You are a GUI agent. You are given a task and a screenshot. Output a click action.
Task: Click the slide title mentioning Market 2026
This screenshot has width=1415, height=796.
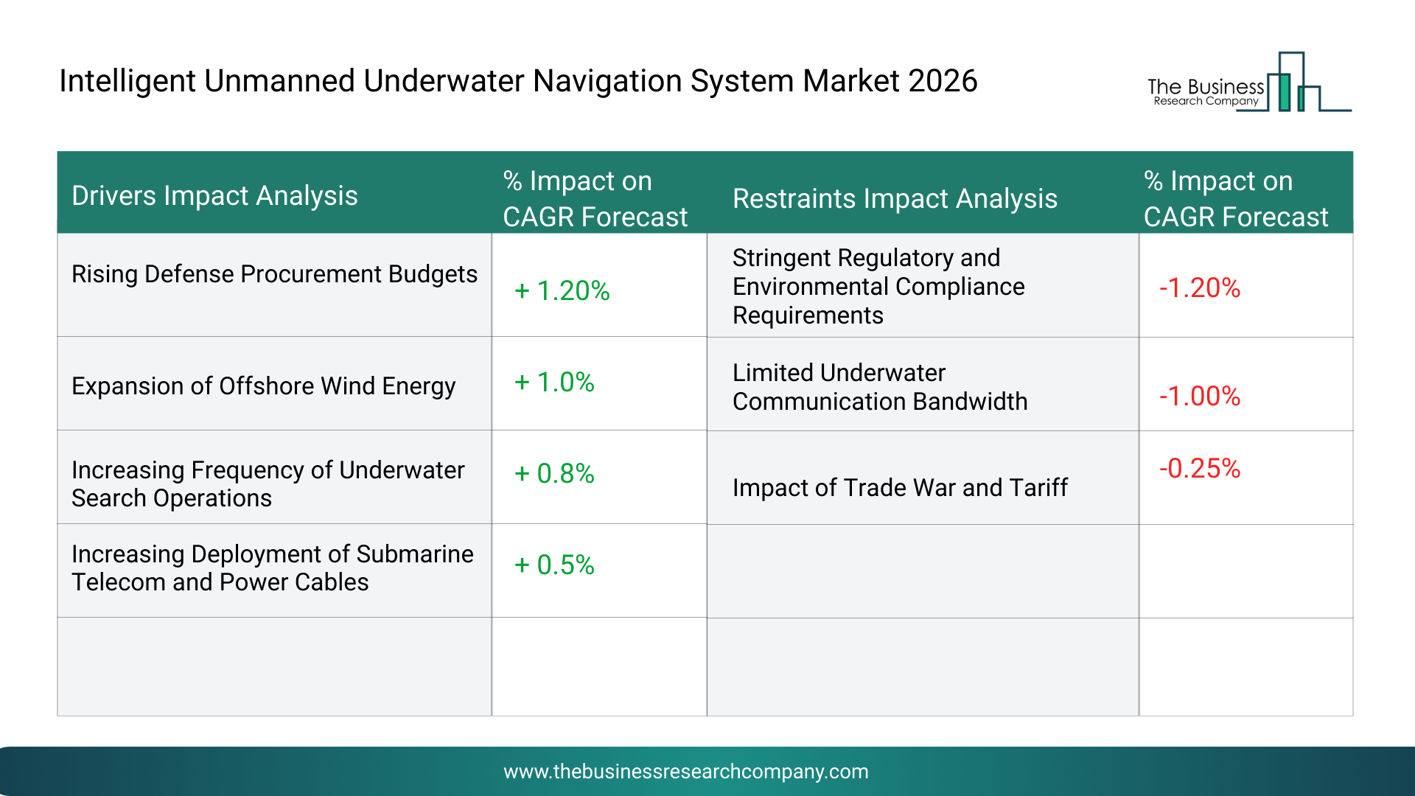518,81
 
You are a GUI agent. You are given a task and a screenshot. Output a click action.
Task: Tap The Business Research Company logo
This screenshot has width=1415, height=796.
1249,82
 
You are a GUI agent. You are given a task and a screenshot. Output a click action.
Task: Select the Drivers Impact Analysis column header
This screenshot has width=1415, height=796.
214,196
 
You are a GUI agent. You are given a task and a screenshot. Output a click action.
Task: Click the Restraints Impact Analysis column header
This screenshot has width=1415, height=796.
895,199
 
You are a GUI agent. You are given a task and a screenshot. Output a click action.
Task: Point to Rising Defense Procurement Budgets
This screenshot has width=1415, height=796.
274,274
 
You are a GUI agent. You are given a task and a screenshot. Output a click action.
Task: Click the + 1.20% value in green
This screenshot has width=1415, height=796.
562,291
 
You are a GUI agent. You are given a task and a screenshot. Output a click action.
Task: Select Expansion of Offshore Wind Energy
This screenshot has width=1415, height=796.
263,386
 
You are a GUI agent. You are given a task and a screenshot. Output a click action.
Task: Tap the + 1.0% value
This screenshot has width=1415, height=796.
554,383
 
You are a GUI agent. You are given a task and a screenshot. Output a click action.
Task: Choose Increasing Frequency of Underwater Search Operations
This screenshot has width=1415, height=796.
268,484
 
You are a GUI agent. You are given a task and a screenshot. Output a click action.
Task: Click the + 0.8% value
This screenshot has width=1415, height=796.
554,474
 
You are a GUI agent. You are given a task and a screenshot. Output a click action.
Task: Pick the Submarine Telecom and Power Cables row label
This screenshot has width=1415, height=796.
273,568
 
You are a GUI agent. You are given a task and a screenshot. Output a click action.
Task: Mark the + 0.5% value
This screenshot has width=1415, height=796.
554,565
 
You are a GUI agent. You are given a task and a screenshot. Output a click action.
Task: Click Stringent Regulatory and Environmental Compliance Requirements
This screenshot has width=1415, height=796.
878,287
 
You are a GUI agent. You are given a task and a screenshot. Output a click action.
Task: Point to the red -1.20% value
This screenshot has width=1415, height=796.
1200,288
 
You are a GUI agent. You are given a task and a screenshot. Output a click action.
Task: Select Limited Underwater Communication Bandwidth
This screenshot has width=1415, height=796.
880,387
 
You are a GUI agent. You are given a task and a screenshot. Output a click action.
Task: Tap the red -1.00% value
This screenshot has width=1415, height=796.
1200,397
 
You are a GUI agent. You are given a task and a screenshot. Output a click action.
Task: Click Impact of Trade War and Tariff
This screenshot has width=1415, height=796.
900,488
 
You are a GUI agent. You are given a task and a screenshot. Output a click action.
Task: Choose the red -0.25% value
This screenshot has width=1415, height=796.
1200,469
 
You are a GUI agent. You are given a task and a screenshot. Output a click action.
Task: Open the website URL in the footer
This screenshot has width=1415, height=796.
686,772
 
